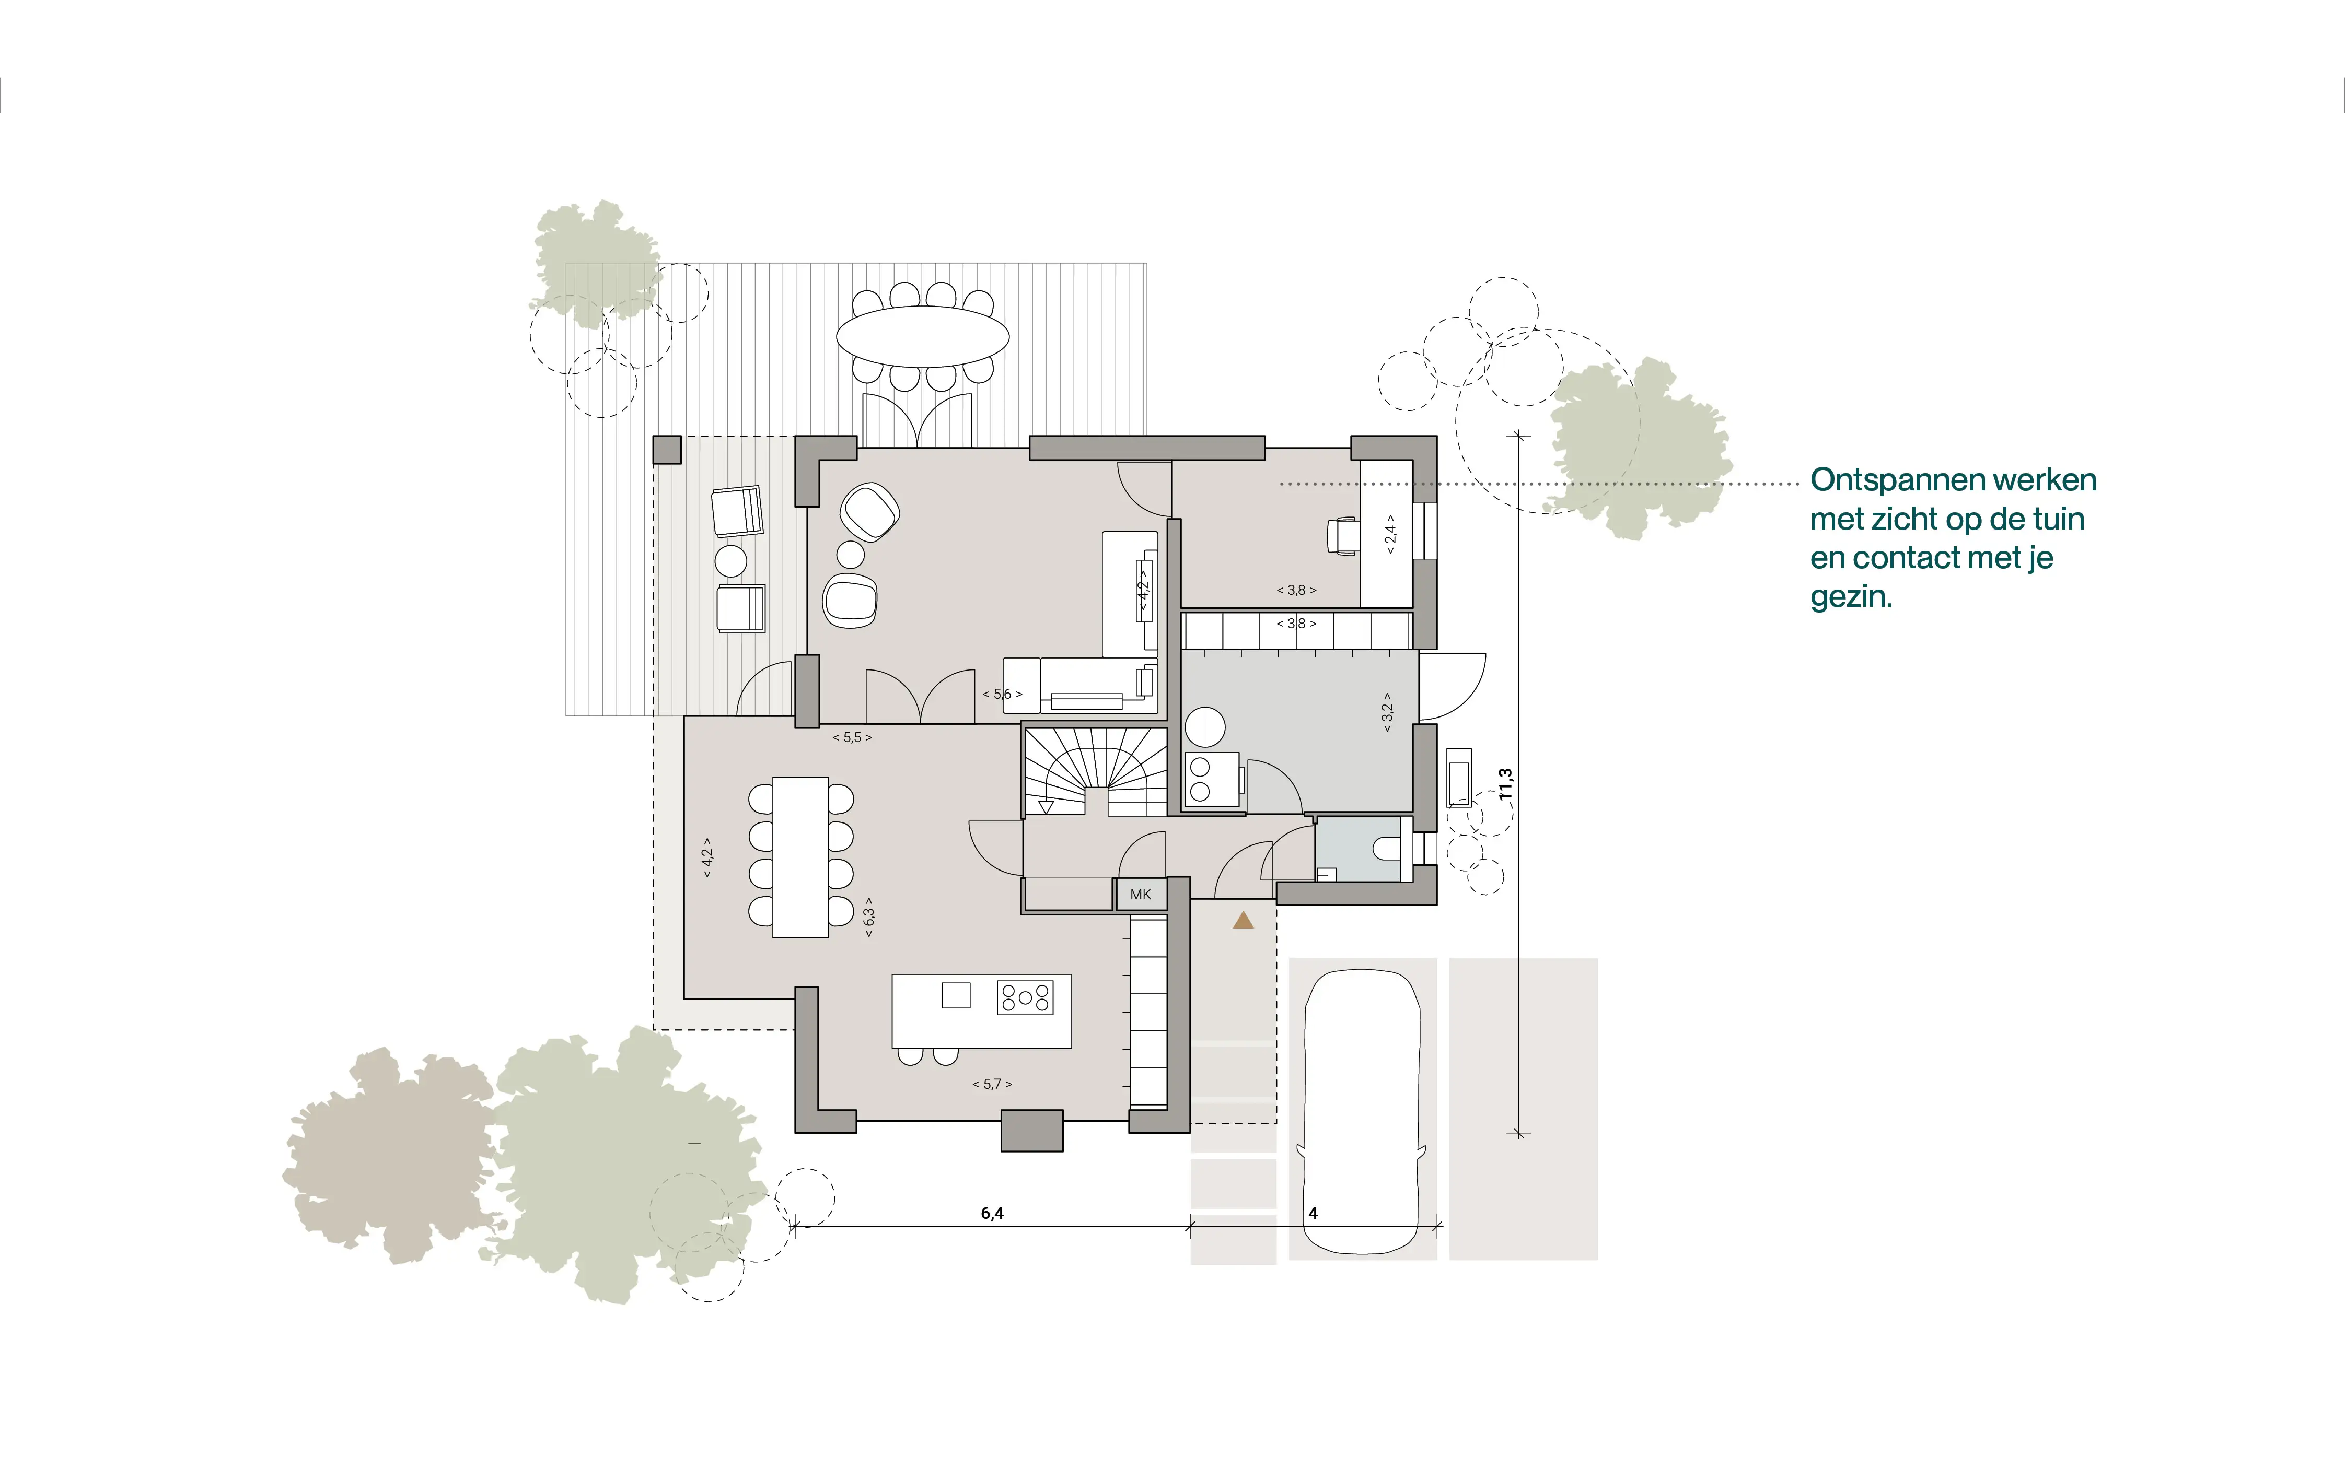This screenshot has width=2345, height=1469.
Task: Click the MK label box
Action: (1140, 894)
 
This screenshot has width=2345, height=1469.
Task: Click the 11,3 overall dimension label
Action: (1505, 784)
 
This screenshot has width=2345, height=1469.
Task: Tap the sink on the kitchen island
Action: (956, 995)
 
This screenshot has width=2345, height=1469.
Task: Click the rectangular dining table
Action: (800, 857)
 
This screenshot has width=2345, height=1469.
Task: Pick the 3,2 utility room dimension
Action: (1387, 711)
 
